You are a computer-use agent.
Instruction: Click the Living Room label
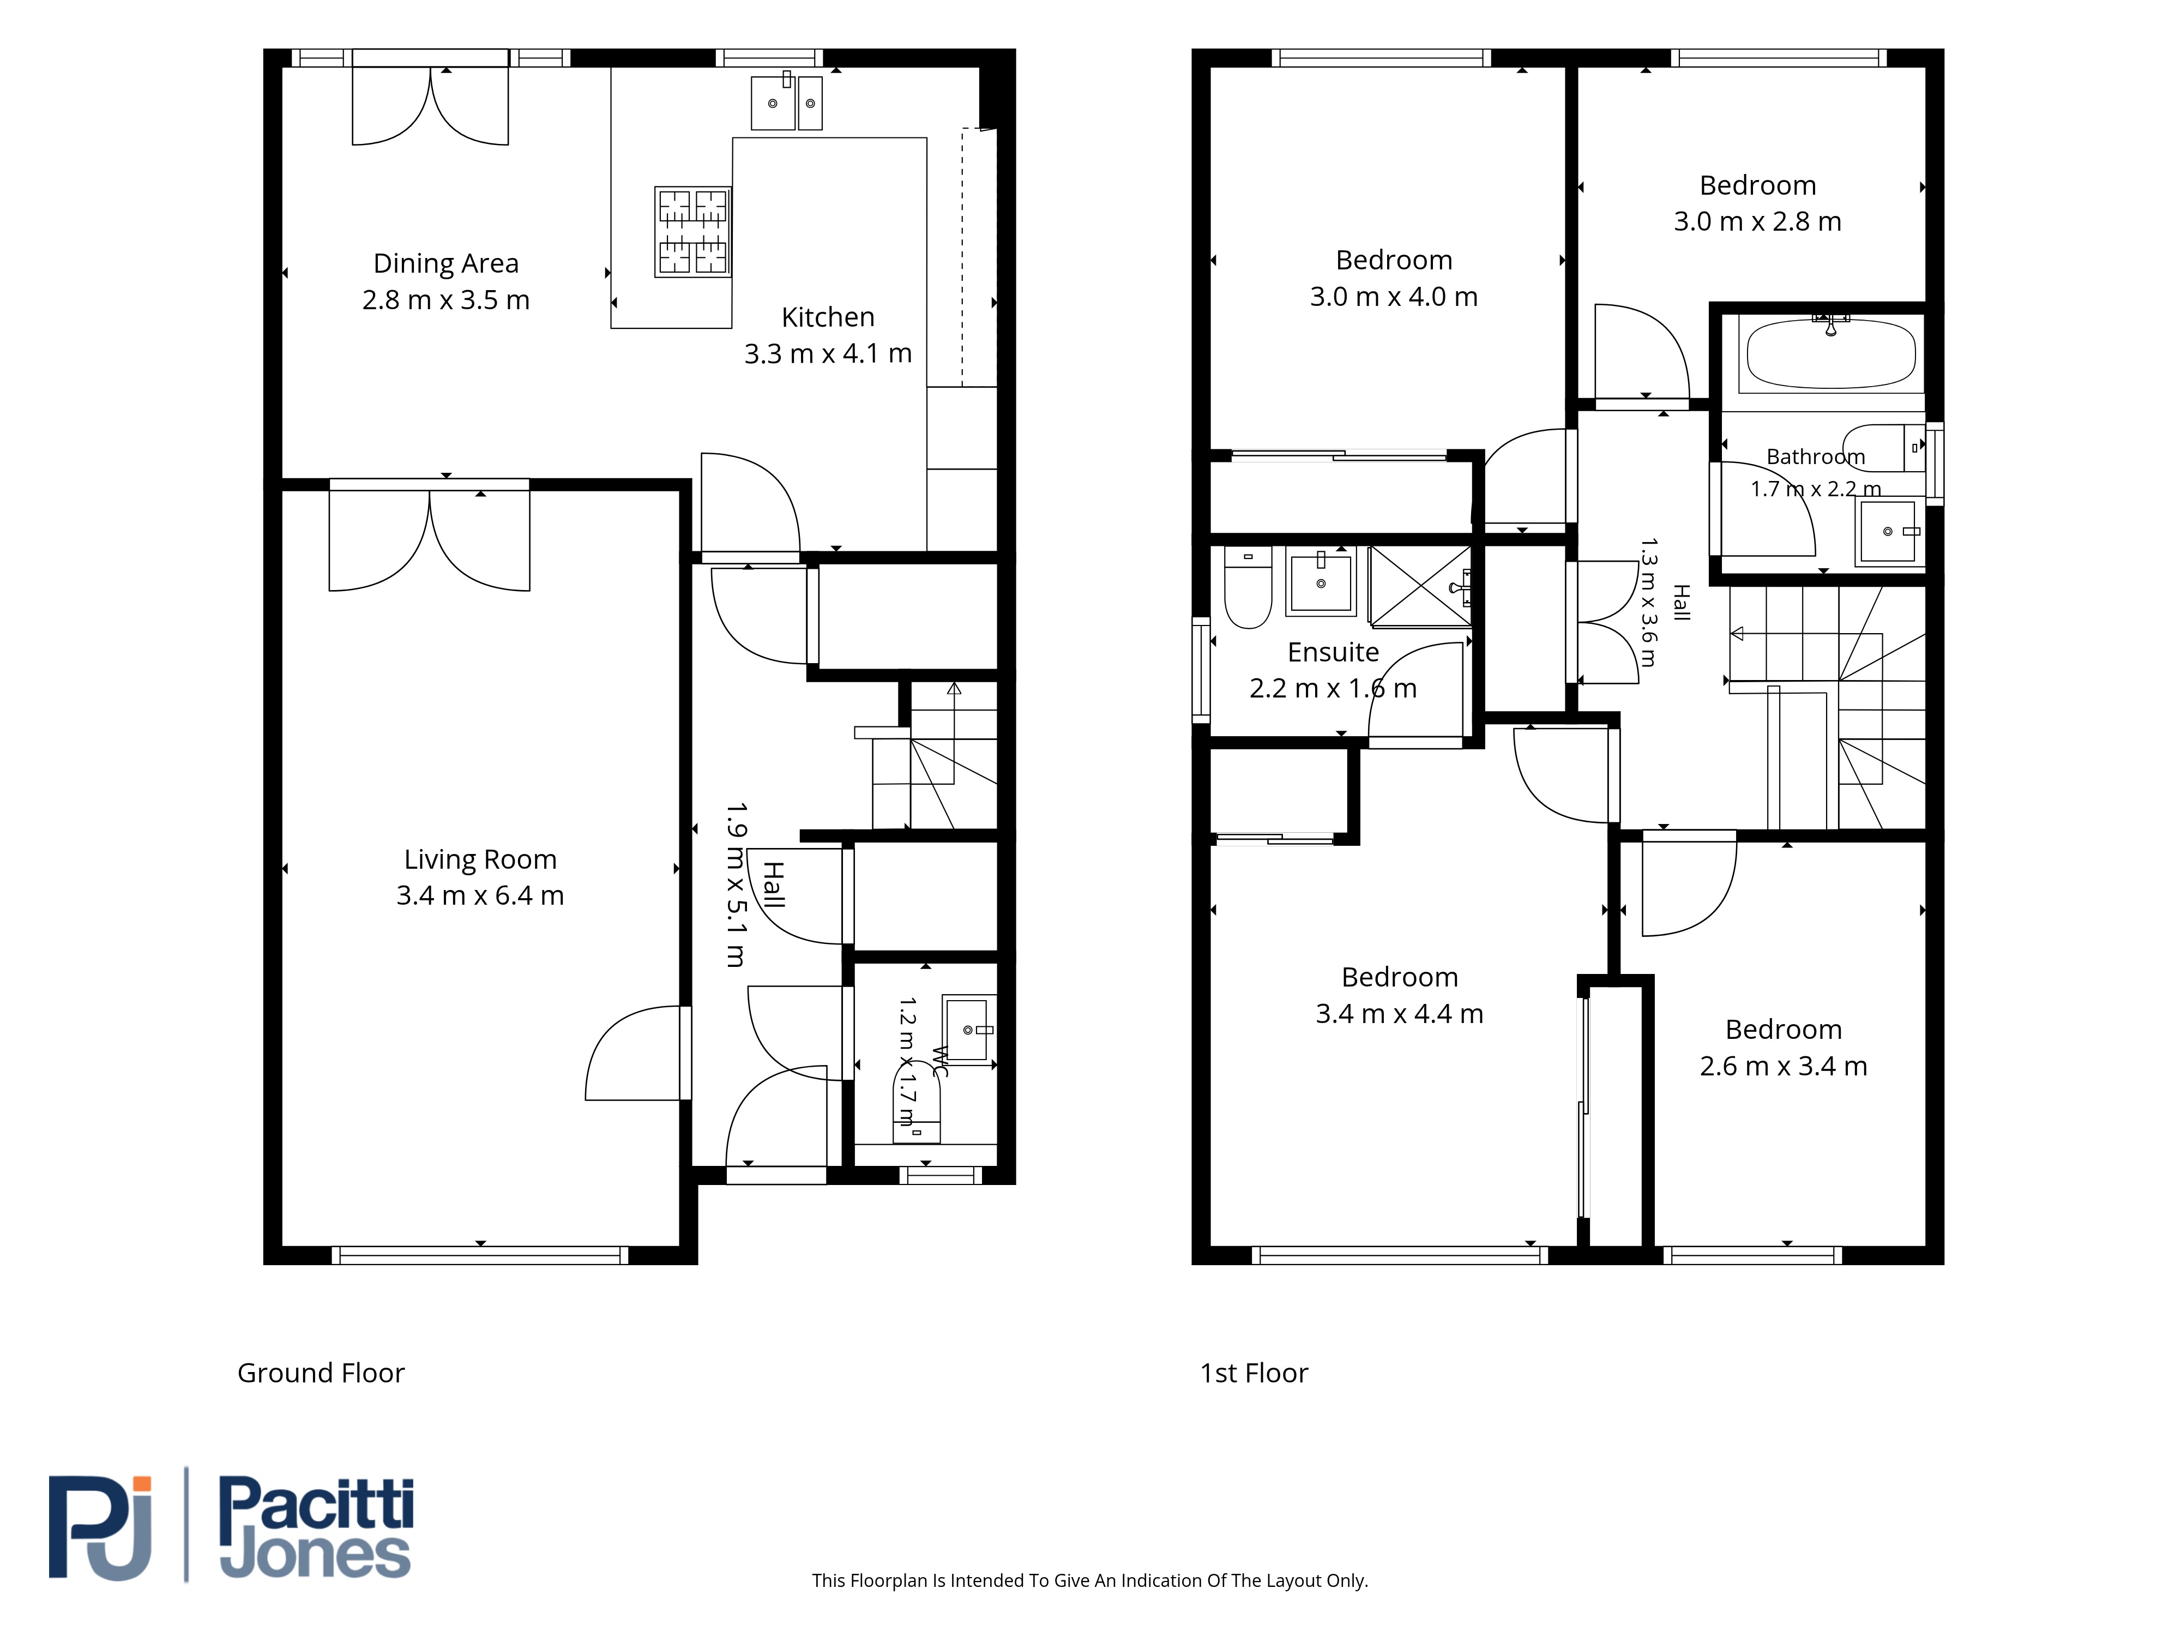coord(480,860)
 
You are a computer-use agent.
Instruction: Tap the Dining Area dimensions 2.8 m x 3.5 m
coord(445,300)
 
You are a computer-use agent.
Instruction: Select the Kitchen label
coord(828,317)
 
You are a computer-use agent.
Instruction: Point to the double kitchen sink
coord(787,101)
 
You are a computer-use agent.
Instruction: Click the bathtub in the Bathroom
coord(1831,353)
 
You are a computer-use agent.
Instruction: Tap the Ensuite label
coord(1333,653)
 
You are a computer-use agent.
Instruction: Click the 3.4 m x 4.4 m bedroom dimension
coord(1399,1014)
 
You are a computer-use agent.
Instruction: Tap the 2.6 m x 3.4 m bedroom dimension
coord(1784,1066)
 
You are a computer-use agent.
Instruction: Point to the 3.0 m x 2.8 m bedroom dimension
coord(1757,222)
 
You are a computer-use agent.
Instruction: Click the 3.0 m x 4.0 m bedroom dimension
coord(1393,297)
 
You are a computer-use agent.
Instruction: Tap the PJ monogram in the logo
coord(100,1527)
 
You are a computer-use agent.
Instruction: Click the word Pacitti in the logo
coord(316,1503)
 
